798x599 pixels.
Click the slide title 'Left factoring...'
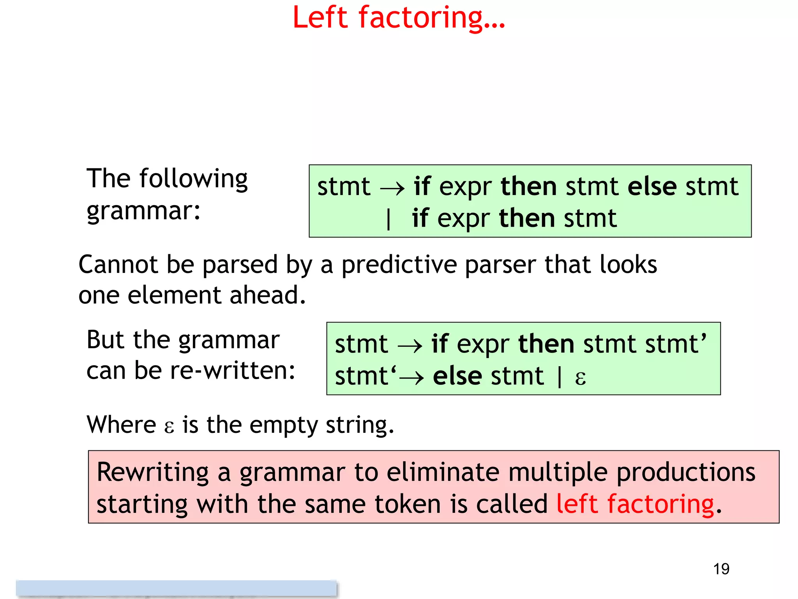coord(398,18)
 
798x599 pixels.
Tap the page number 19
coord(721,569)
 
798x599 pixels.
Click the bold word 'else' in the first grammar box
coord(651,186)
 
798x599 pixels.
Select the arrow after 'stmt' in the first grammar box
coord(392,189)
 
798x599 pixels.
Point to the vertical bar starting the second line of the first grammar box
coord(388,219)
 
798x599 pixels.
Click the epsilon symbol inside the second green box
coord(580,377)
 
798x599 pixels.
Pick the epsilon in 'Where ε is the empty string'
coord(169,427)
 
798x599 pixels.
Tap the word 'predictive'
coord(399,265)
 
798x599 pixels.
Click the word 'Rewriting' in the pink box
coord(153,472)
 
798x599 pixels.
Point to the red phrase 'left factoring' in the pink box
coord(635,504)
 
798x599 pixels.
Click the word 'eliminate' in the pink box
coord(443,472)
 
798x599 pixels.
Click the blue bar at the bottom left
coord(176,588)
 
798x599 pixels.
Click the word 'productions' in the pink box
coord(686,472)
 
